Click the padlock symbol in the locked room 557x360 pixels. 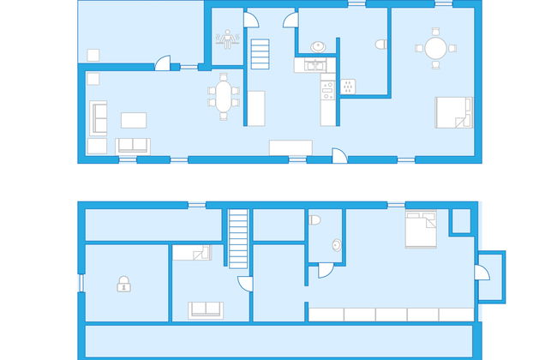click(x=123, y=284)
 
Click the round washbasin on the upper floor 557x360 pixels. click(x=317, y=45)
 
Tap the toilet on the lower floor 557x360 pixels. click(x=315, y=220)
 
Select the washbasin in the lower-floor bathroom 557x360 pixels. click(x=336, y=245)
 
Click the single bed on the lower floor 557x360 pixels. click(x=191, y=252)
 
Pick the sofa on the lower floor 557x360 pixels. click(x=206, y=309)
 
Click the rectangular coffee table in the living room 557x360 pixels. click(x=132, y=118)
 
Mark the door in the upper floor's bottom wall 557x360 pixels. click(x=338, y=157)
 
